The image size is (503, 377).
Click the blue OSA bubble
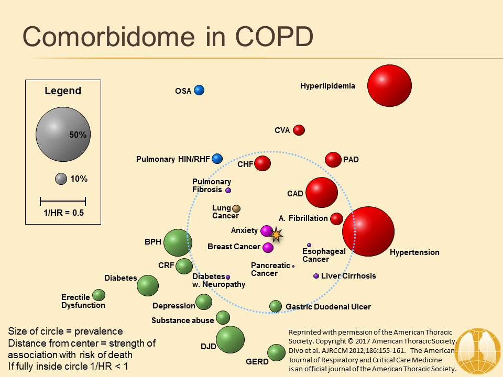click(199, 91)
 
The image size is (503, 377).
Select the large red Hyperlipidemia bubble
click(389, 85)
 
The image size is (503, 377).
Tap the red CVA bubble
click(299, 130)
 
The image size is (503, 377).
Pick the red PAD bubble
click(333, 160)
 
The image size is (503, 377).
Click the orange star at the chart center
click(276, 235)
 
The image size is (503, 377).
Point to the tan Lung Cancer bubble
click(236, 209)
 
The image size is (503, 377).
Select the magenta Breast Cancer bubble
click(268, 248)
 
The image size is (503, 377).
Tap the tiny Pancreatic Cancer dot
click(293, 266)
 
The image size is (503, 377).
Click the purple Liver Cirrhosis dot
click(316, 276)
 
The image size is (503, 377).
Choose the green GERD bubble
click(276, 352)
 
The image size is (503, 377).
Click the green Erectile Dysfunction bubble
click(99, 295)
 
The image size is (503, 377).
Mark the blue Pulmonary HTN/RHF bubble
click(217, 159)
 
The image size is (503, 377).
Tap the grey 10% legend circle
click(61, 179)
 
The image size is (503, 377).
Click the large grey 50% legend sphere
click(63, 135)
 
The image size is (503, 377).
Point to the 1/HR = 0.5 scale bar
click(63, 201)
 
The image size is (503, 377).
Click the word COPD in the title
click(274, 37)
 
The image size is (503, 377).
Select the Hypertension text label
click(414, 252)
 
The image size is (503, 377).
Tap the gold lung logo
click(478, 351)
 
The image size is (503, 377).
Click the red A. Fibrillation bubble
click(336, 219)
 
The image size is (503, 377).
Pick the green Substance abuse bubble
click(223, 318)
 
